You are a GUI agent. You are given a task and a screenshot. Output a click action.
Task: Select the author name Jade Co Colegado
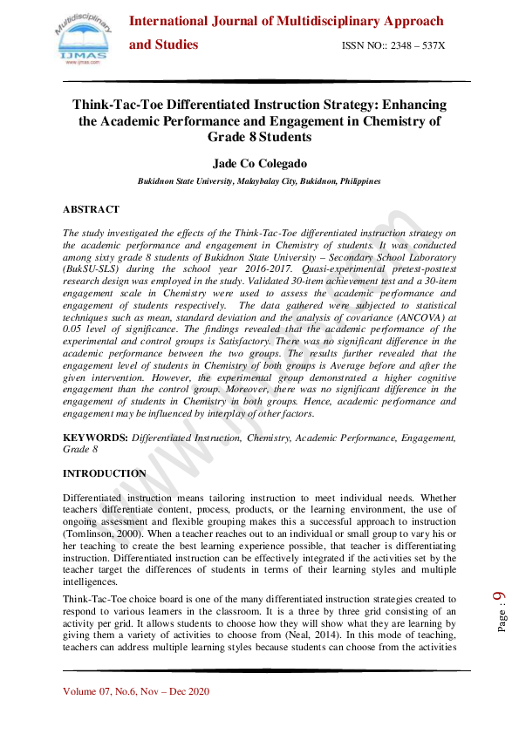pos(259,163)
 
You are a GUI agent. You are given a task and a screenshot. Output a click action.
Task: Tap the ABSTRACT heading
pos(91,210)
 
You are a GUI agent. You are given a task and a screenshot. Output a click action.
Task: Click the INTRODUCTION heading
pos(105,473)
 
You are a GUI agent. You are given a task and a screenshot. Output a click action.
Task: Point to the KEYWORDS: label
pos(95,437)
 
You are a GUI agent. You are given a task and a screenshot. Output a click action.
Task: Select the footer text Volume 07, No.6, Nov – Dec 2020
pos(148,692)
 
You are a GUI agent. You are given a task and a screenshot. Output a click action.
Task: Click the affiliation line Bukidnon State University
pos(259,181)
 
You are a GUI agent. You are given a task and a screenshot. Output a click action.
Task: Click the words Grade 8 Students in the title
pos(259,138)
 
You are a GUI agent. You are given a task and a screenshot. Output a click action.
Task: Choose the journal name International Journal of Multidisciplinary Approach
pos(286,21)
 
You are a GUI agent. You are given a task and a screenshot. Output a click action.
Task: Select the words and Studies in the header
pos(164,44)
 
